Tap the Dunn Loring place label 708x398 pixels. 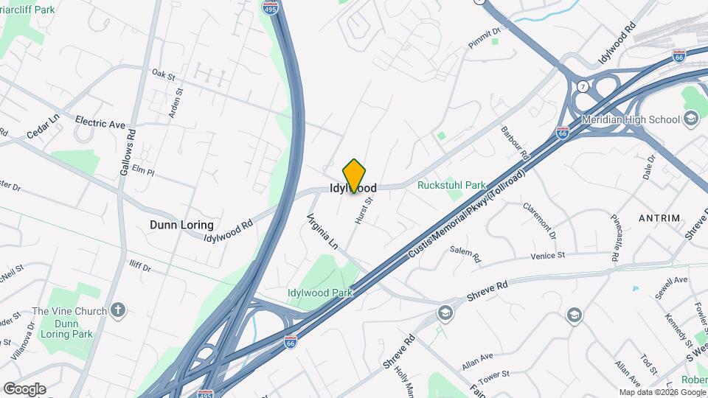pos(181,225)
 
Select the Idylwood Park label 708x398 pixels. pos(320,293)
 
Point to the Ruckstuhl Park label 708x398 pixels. pos(451,186)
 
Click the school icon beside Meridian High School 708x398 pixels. pos(691,119)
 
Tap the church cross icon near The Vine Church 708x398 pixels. pos(119,311)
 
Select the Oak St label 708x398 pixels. pos(163,75)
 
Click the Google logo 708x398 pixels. pos(24,388)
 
